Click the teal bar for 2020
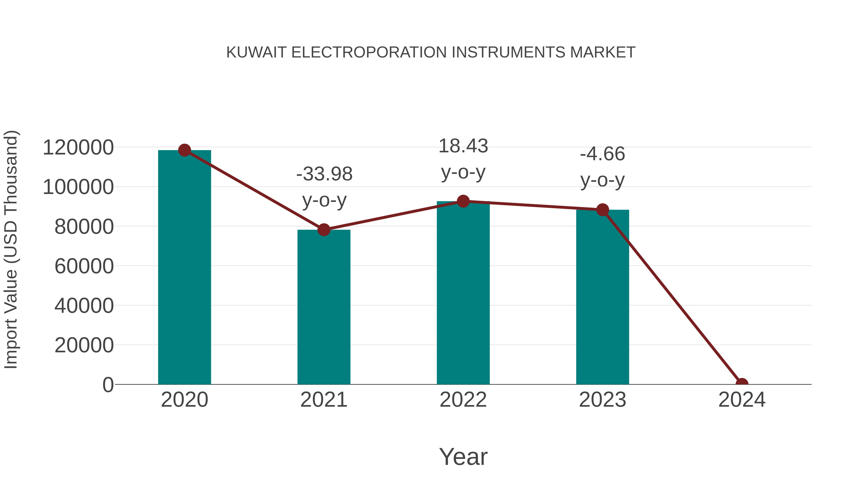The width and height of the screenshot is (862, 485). click(x=184, y=268)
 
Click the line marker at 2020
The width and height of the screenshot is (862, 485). click(x=184, y=150)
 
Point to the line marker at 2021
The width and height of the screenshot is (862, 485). click(x=323, y=230)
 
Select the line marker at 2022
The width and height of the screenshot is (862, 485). click(x=463, y=201)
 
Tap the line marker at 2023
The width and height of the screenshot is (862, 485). click(x=602, y=210)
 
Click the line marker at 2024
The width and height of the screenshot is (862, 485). click(x=742, y=384)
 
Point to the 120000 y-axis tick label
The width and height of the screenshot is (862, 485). click(x=78, y=148)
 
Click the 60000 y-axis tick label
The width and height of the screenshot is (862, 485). click(x=84, y=266)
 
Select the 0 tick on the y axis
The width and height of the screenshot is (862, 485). click(x=108, y=385)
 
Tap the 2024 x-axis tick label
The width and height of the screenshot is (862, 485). click(x=742, y=400)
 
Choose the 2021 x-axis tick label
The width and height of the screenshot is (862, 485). click(x=323, y=400)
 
